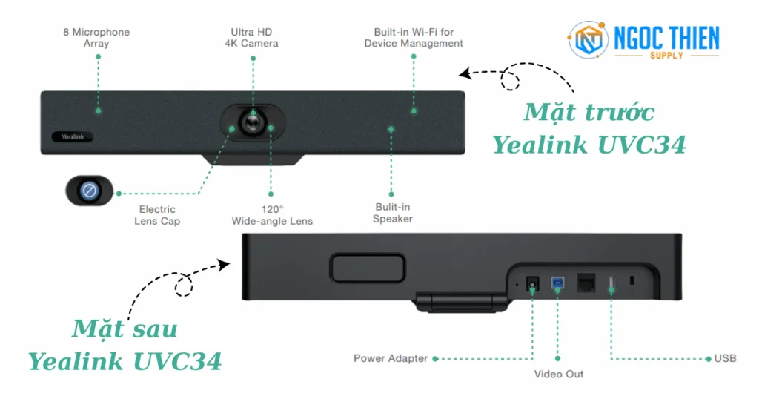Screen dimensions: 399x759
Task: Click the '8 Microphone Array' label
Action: [x=96, y=38]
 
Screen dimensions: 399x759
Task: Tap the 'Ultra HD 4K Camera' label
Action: [x=252, y=38]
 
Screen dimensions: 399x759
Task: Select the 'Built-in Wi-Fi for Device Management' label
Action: [x=414, y=38]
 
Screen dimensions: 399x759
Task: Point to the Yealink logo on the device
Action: [x=67, y=136]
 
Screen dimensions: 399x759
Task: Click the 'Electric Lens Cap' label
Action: [x=157, y=215]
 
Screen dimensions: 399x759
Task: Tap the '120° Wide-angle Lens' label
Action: [x=272, y=215]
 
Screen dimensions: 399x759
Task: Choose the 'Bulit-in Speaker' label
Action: [x=392, y=213]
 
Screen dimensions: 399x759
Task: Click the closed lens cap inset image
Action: [x=89, y=191]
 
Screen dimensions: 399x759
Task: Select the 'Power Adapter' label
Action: [x=391, y=359]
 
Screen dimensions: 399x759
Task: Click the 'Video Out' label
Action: [x=559, y=374]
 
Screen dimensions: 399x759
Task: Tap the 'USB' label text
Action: [x=725, y=359]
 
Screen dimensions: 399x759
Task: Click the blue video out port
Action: [x=557, y=283]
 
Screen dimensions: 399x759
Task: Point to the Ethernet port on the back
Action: [x=586, y=283]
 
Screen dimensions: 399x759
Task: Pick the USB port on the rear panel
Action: [x=611, y=283]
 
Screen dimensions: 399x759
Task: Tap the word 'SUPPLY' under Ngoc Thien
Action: [x=666, y=56]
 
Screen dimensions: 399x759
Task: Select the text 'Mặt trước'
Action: [x=589, y=112]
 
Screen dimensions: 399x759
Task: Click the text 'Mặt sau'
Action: [x=125, y=328]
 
